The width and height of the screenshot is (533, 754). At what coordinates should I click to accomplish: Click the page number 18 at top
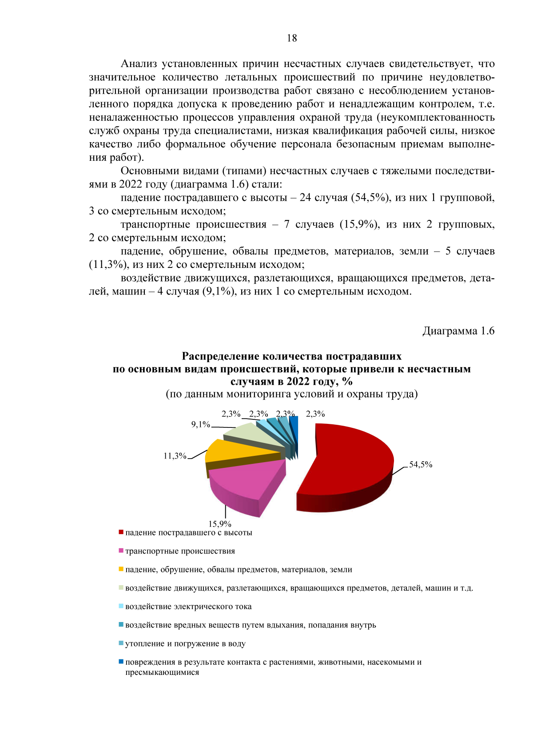(x=292, y=38)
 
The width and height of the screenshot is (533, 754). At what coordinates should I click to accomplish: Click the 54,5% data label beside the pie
(x=421, y=464)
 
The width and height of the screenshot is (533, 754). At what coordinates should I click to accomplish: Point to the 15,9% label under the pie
(x=220, y=524)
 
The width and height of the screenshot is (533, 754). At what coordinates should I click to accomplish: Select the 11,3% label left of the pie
(x=175, y=455)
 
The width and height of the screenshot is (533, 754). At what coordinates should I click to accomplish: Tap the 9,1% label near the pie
(x=200, y=424)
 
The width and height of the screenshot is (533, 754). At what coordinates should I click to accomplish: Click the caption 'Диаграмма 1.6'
(x=458, y=331)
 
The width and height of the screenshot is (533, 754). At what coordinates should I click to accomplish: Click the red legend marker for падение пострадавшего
(x=121, y=532)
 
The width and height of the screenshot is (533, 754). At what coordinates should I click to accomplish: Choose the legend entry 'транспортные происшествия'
(x=180, y=551)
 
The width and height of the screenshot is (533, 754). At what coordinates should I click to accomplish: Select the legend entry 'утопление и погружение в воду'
(x=185, y=643)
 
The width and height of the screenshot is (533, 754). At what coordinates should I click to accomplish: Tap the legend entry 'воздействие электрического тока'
(x=188, y=606)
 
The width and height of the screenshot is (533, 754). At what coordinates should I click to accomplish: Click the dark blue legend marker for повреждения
(x=121, y=662)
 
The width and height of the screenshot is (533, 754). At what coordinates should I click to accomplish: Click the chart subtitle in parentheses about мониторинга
(x=292, y=394)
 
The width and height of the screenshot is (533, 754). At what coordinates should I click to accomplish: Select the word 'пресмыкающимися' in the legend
(x=162, y=672)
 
